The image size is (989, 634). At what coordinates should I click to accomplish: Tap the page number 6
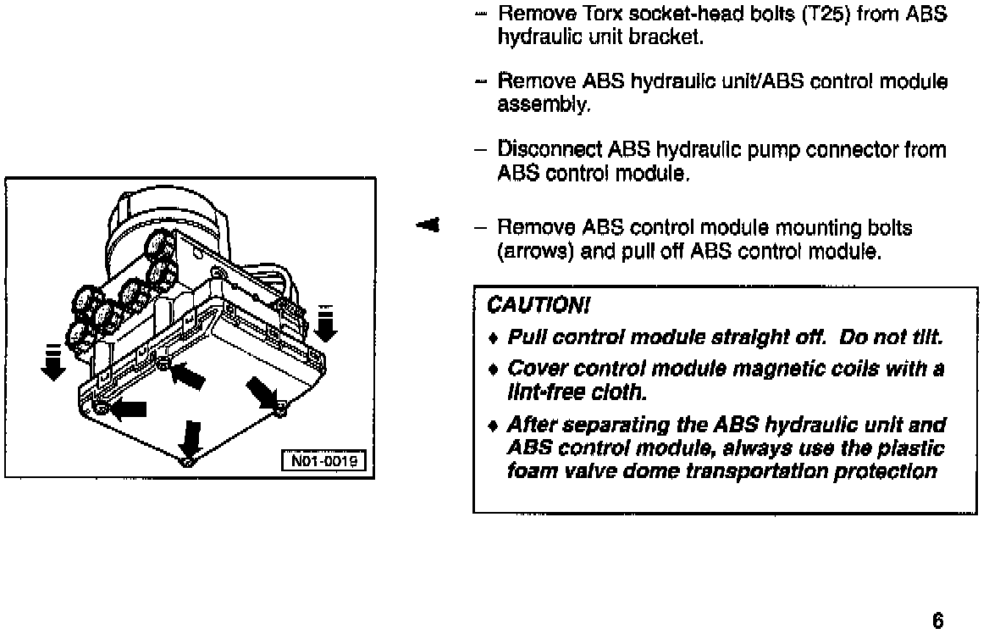pyautogui.click(x=937, y=620)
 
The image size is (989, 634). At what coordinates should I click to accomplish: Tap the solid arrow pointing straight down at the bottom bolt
pyautogui.click(x=193, y=438)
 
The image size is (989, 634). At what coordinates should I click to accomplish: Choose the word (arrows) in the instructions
pyautogui.click(x=533, y=252)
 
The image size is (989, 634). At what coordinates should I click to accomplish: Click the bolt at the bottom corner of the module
pyautogui.click(x=188, y=463)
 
